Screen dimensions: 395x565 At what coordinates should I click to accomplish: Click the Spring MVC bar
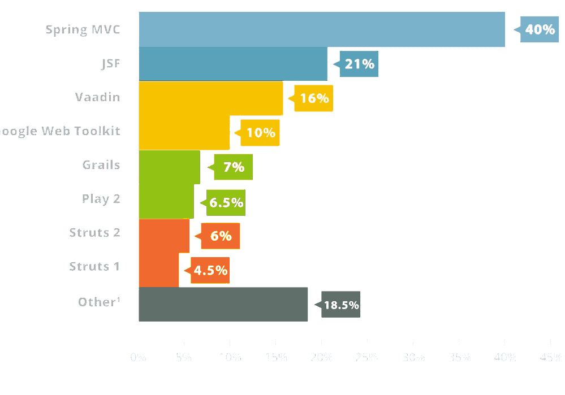tap(321, 29)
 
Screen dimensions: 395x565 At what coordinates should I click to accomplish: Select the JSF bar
tap(232, 64)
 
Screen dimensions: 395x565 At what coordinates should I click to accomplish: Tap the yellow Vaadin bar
tap(210, 98)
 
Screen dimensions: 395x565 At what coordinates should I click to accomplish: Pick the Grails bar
tap(169, 167)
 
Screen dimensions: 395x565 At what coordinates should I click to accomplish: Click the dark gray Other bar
tap(223, 304)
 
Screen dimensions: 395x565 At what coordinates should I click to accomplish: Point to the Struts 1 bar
tap(158, 270)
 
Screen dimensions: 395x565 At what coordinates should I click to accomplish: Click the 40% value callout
tap(540, 29)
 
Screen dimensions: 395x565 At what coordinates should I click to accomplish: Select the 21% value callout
tap(359, 64)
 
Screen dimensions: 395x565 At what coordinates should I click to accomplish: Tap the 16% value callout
tap(314, 98)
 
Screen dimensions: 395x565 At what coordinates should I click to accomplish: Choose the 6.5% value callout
tap(226, 202)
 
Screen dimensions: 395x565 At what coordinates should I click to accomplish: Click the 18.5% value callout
tap(341, 305)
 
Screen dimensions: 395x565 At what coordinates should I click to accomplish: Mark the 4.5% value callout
tap(210, 270)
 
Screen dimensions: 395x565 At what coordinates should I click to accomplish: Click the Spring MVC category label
tap(83, 29)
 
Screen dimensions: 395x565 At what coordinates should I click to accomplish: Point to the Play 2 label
tap(101, 199)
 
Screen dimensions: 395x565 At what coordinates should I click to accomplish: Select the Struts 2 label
tap(94, 232)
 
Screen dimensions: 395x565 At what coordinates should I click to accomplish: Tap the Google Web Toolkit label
tap(60, 131)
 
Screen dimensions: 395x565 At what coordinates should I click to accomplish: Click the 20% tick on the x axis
tap(321, 357)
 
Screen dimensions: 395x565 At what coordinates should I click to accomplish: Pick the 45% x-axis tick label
tap(550, 357)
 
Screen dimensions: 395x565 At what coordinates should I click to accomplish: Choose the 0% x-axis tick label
tap(138, 357)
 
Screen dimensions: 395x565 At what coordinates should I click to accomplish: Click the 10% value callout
tap(260, 133)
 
